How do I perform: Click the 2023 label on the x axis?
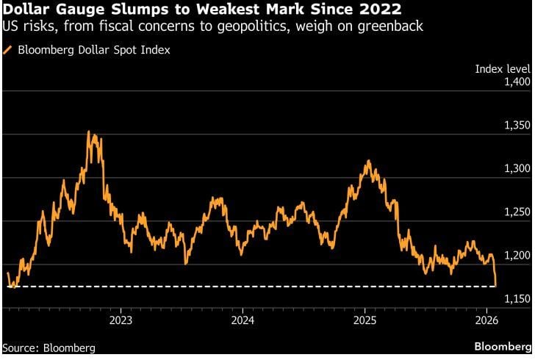121,320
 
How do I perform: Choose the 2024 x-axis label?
243,320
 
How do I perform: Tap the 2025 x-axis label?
365,320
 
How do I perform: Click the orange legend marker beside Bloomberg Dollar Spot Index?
8,50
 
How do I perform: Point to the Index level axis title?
503,68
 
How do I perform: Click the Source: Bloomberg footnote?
49,348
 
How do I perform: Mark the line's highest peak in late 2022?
89,132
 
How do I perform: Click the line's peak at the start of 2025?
367,161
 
